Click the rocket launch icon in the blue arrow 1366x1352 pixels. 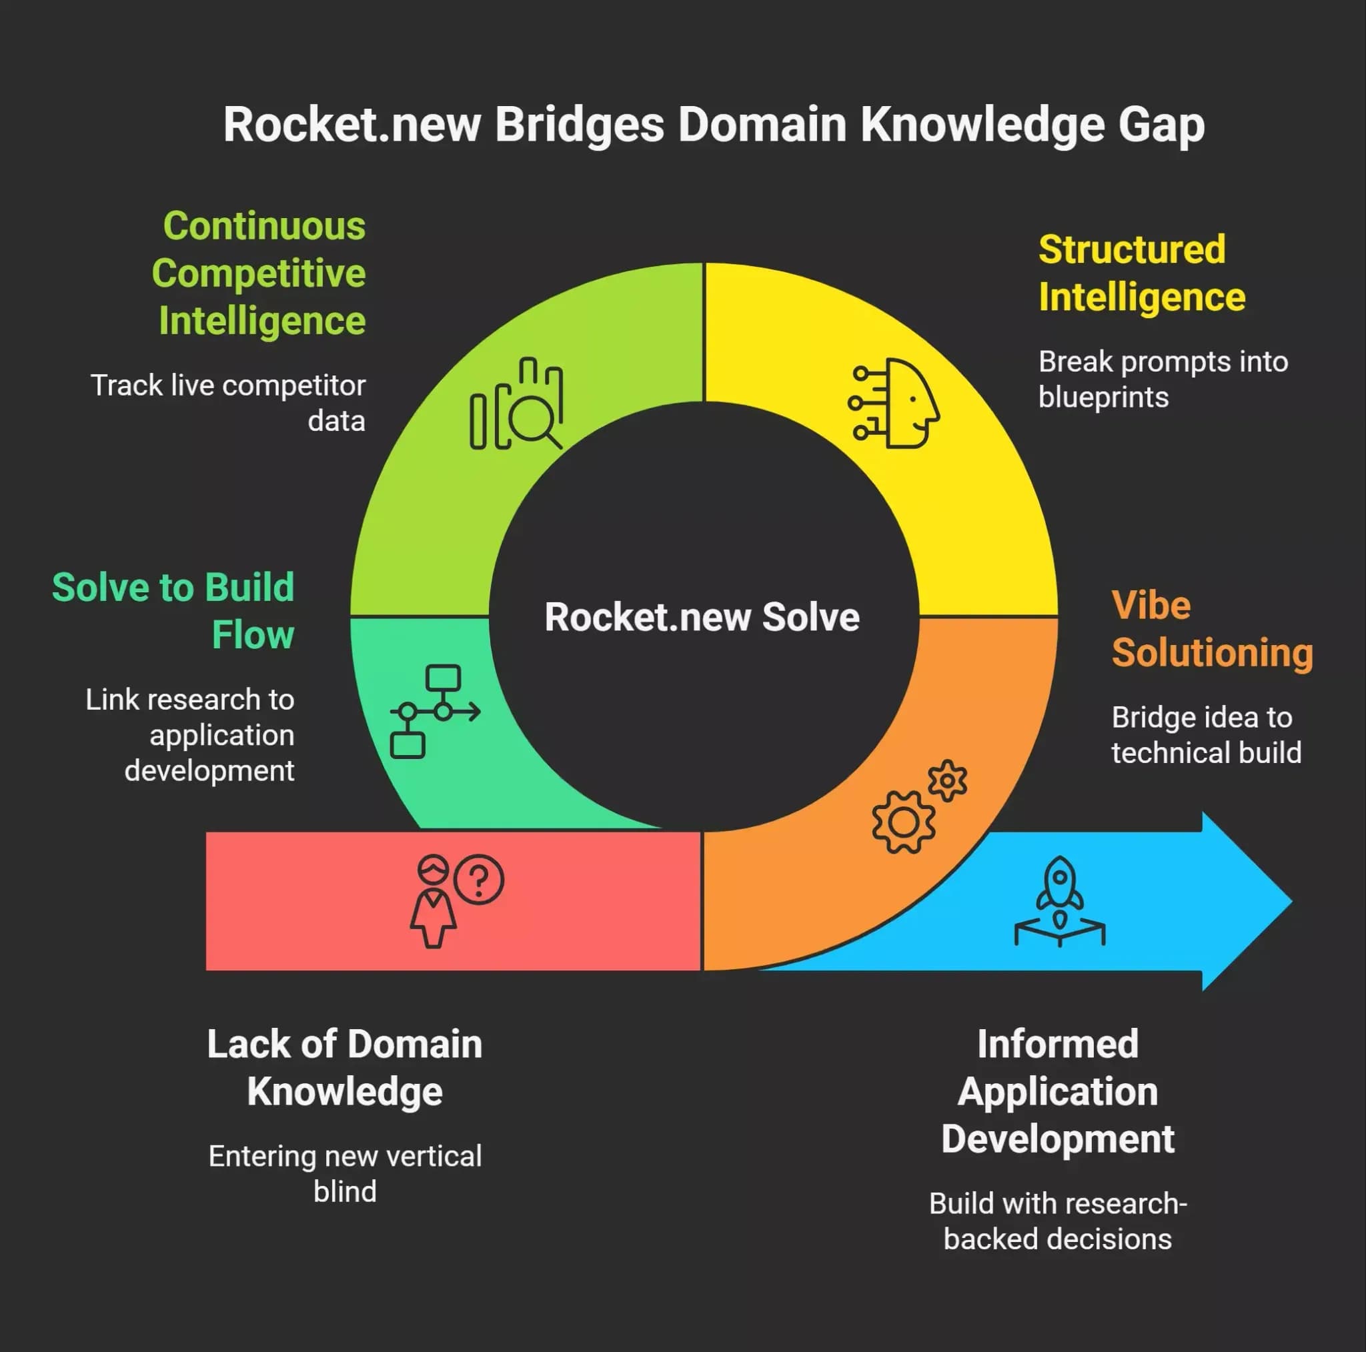coord(1059,902)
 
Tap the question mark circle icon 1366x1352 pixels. coord(479,880)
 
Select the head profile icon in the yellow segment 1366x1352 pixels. coord(894,403)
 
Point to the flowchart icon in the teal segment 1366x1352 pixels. coord(435,712)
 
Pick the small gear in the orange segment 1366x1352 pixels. coord(947,780)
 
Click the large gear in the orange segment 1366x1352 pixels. coord(903,822)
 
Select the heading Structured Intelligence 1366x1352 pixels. coord(1142,273)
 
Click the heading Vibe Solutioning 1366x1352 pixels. coord(1212,628)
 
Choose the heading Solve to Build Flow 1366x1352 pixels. coord(173,611)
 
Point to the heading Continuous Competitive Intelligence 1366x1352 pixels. coord(259,273)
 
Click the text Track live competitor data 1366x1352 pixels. coord(228,403)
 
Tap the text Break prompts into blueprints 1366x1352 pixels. coord(1163,379)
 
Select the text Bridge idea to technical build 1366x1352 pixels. coord(1206,734)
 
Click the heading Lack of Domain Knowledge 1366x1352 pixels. coord(345,1068)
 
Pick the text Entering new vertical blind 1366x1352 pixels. coord(345,1174)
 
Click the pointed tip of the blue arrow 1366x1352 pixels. coord(1292,902)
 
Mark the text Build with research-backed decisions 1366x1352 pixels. coord(1058,1221)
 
